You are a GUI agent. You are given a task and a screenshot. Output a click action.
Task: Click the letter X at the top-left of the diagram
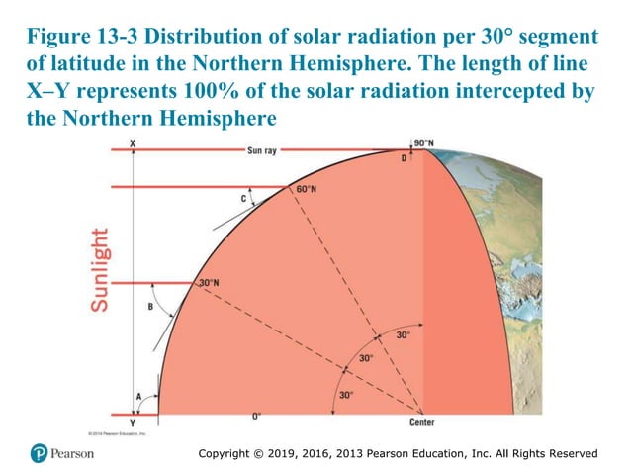tap(134, 144)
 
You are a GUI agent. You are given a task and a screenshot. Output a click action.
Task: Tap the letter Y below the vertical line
tap(134, 422)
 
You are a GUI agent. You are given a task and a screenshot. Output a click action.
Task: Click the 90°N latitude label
tap(423, 143)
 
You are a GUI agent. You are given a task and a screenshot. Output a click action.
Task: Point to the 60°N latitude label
tap(306, 188)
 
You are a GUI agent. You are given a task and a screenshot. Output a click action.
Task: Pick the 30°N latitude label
tap(209, 283)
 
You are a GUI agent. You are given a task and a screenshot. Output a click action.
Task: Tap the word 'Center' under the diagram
tap(422, 423)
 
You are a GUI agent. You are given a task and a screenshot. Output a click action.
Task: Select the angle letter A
tap(138, 396)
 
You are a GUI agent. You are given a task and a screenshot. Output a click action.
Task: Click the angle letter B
tap(150, 307)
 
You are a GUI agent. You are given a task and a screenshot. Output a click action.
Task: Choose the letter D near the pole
tap(404, 159)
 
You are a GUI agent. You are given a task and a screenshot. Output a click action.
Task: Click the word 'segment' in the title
tap(557, 38)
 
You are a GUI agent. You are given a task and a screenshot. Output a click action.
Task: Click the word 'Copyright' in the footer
tap(230, 453)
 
